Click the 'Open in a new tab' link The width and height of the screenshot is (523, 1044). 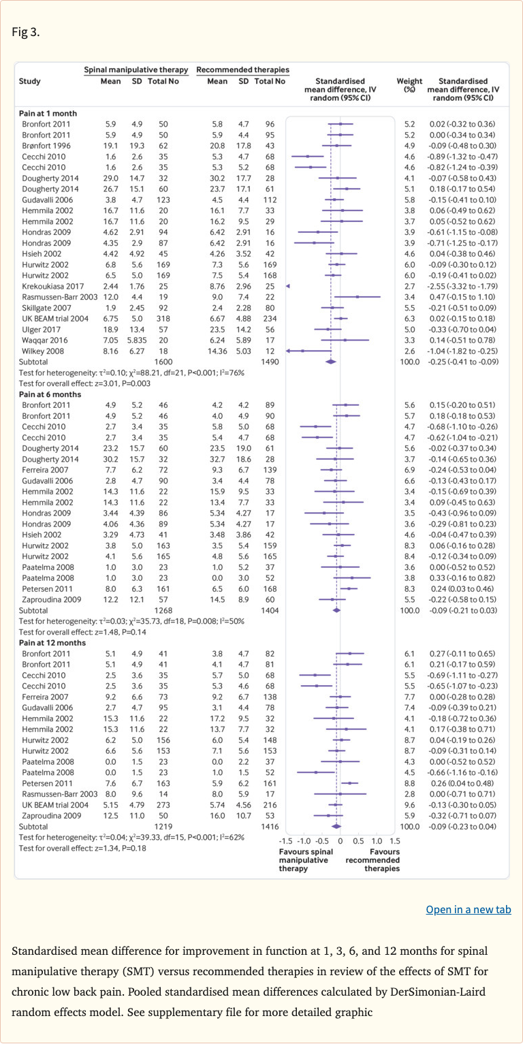pos(468,910)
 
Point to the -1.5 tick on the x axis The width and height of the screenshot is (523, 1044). pos(287,842)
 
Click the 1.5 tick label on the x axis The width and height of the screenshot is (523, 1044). pos(395,842)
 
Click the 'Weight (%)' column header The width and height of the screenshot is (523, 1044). pos(409,85)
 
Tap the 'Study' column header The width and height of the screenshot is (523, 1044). pos(29,81)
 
